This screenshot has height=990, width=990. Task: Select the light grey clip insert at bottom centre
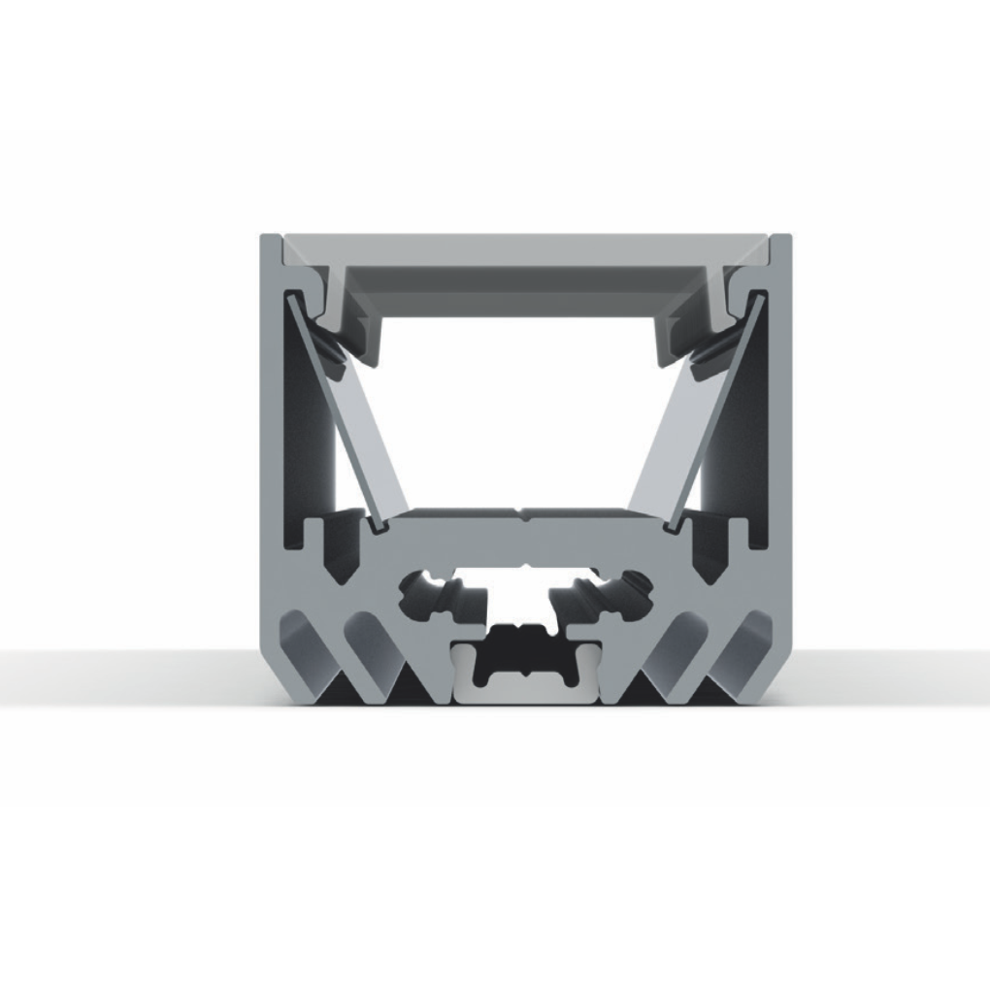524,685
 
